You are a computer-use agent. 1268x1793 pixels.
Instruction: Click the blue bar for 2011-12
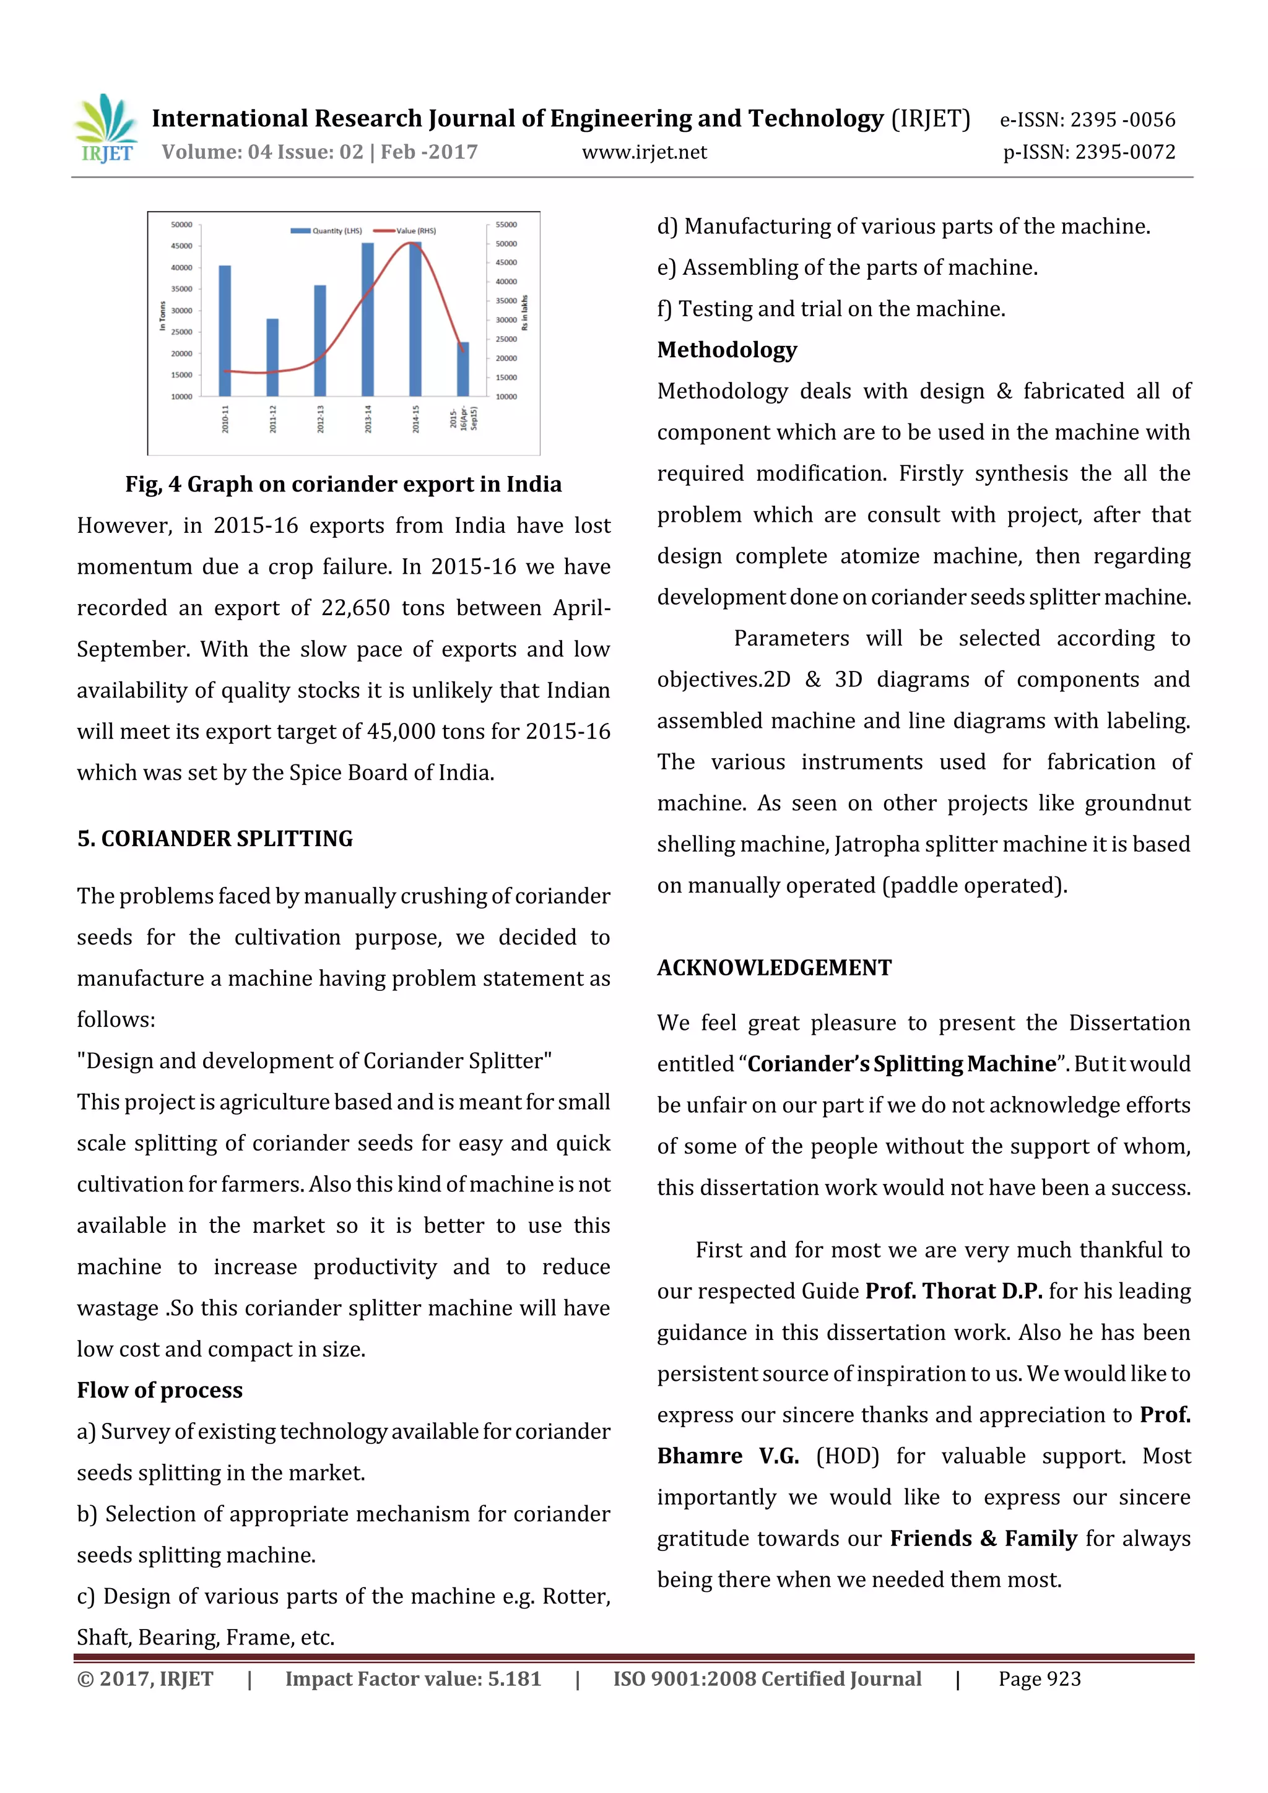[272, 357]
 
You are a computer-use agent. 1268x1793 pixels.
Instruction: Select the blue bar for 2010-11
[224, 331]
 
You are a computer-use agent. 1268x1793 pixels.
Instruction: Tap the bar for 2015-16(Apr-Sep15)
[462, 369]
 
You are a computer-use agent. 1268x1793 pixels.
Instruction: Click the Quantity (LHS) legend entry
[326, 231]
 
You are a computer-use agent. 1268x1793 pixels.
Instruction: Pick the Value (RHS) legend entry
[406, 231]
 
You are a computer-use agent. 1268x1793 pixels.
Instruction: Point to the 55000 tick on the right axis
[506, 225]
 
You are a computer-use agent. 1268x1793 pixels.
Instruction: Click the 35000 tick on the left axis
[181, 289]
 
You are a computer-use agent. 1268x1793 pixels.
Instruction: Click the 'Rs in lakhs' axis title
[525, 313]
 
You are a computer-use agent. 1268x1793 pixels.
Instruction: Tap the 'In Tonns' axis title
[162, 316]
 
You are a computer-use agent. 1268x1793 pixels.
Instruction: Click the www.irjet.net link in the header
[644, 152]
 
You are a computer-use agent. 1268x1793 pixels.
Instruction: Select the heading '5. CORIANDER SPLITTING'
[215, 839]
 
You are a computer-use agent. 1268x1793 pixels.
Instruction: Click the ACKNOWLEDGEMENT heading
[773, 967]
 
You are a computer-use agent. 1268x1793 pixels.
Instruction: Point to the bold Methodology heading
[727, 350]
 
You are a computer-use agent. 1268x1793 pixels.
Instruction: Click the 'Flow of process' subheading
[159, 1390]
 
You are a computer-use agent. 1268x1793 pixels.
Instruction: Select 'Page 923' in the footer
[1039, 1679]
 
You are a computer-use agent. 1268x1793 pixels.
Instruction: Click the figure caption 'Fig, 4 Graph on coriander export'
[343, 484]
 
